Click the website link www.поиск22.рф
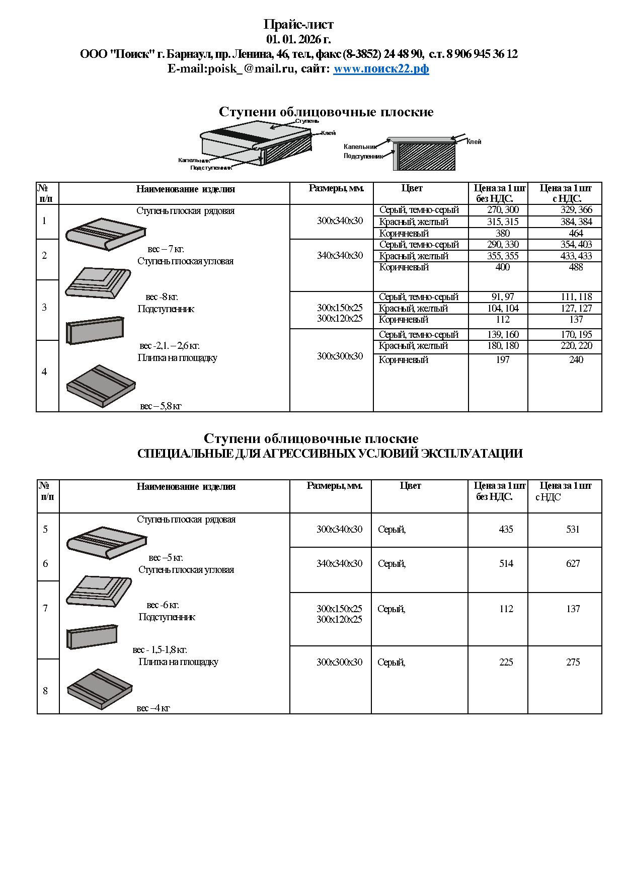381,69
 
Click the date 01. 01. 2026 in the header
298,39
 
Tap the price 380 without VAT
502,233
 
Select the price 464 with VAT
576,233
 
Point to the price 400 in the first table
502,267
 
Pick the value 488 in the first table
576,267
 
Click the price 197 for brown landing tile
502,359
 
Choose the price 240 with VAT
576,359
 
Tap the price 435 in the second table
506,529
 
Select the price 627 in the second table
573,563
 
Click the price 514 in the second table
506,563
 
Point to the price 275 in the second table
573,662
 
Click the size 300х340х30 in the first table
340,220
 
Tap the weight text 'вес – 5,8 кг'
161,406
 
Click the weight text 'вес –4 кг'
153,708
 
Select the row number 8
45,691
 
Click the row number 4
44,372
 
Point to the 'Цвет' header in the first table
412,188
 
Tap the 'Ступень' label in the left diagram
306,121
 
